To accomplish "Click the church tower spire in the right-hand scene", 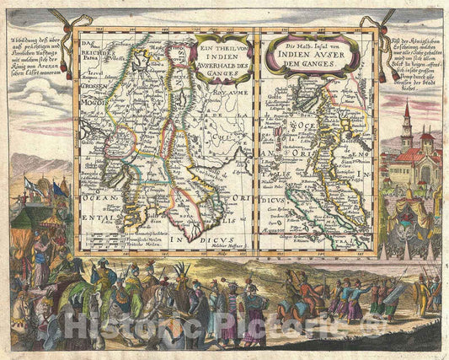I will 407,112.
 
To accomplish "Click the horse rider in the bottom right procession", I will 297,305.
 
